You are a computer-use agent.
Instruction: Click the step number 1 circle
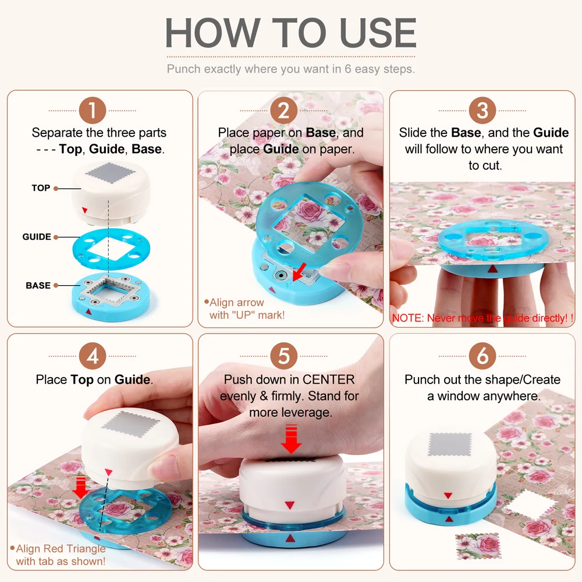93,110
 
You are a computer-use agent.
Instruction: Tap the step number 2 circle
283,110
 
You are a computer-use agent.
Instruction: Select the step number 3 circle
482,110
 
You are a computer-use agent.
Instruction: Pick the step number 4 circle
93,356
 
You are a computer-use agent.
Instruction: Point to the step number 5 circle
283,356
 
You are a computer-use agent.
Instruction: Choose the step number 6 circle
482,356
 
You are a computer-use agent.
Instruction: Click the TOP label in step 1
41,188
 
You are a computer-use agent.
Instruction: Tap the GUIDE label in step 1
37,237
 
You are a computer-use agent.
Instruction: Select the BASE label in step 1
38,285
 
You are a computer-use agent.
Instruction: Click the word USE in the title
378,33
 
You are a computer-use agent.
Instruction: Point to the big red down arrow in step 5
291,440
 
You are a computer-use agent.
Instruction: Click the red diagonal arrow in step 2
300,272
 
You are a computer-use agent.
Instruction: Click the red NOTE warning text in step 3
482,318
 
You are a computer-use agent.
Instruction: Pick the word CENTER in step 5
329,379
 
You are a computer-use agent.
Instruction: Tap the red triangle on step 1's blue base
88,311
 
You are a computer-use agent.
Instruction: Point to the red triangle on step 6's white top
448,495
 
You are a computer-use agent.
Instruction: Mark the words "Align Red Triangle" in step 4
61,548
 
